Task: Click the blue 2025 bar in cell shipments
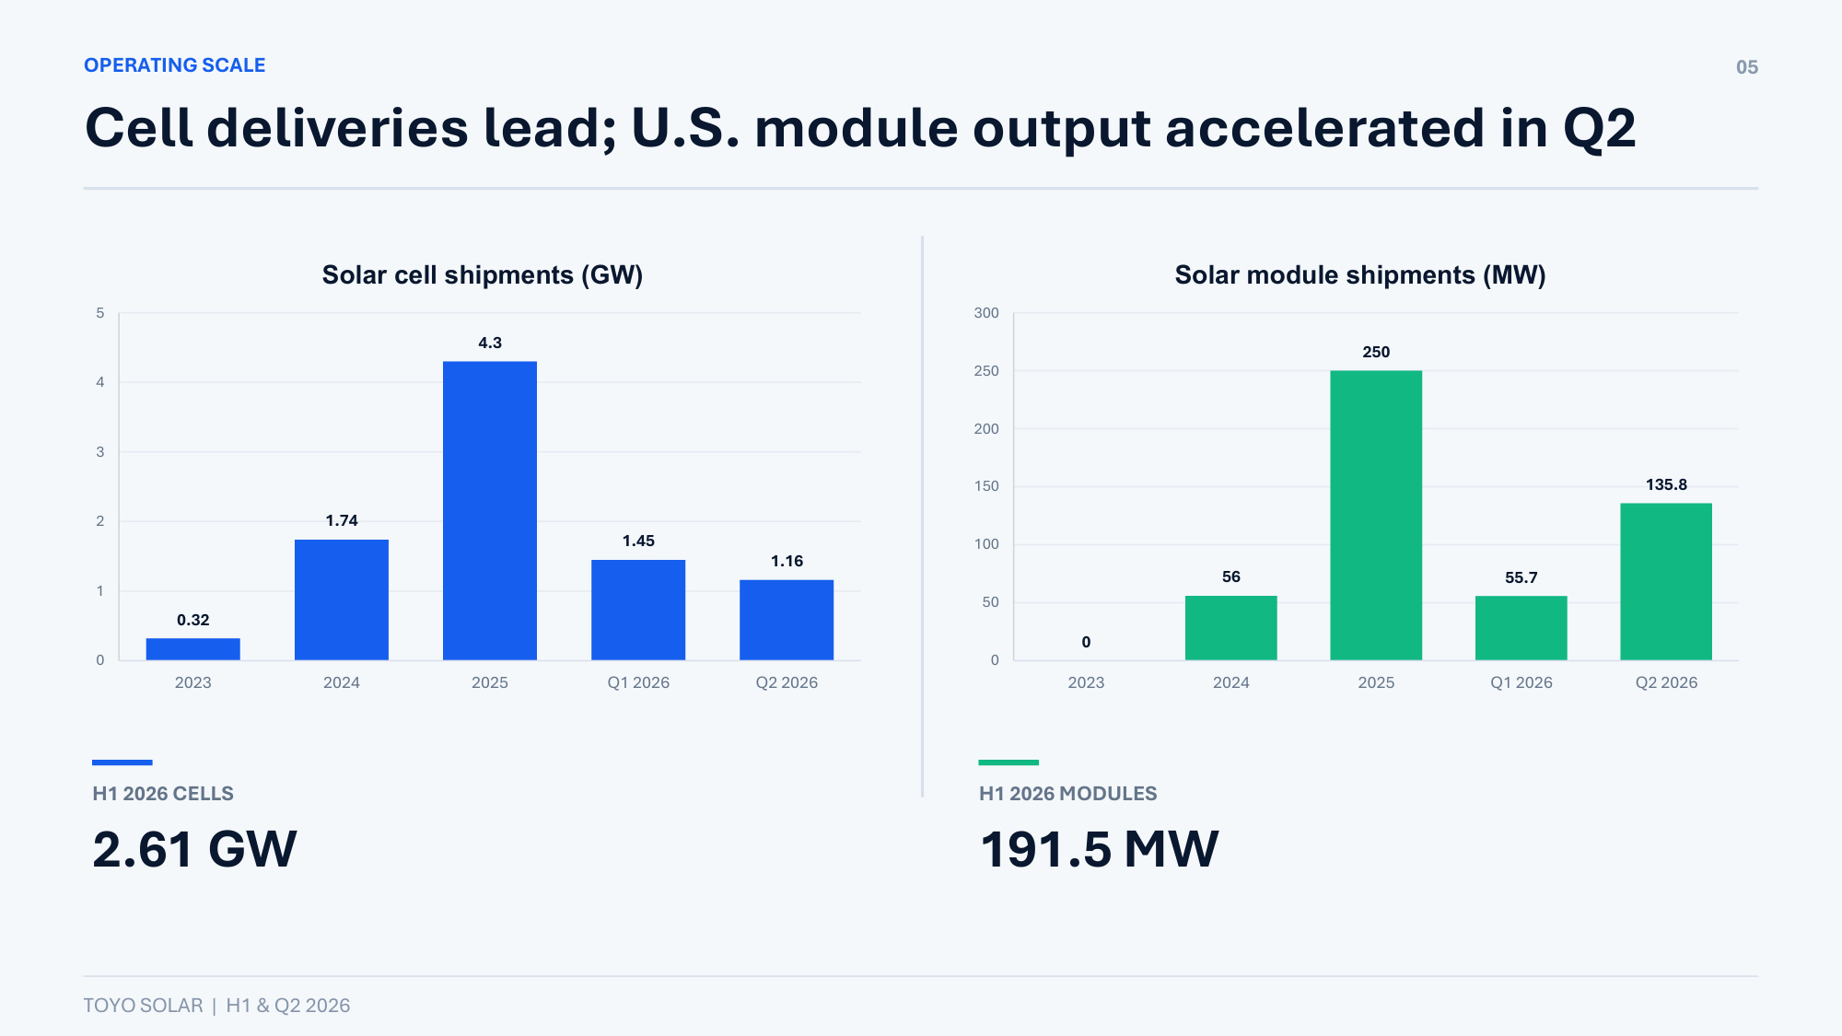(490, 510)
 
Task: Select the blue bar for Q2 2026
(787, 620)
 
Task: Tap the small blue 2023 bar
(193, 649)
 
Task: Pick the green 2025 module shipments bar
(1376, 515)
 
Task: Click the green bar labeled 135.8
(1666, 581)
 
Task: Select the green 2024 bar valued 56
(1231, 628)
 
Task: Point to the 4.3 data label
(490, 343)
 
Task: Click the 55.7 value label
(1521, 577)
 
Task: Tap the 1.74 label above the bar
(342, 520)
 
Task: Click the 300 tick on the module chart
(986, 313)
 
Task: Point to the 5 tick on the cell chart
(100, 313)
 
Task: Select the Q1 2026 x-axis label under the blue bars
(638, 682)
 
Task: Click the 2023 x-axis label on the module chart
(1086, 682)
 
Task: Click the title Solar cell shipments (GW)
(483, 275)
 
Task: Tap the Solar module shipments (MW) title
(1360, 275)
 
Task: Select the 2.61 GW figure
(195, 848)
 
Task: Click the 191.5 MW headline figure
(1099, 848)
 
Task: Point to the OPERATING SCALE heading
(175, 65)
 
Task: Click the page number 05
(1747, 67)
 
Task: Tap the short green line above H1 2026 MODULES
(1008, 762)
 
